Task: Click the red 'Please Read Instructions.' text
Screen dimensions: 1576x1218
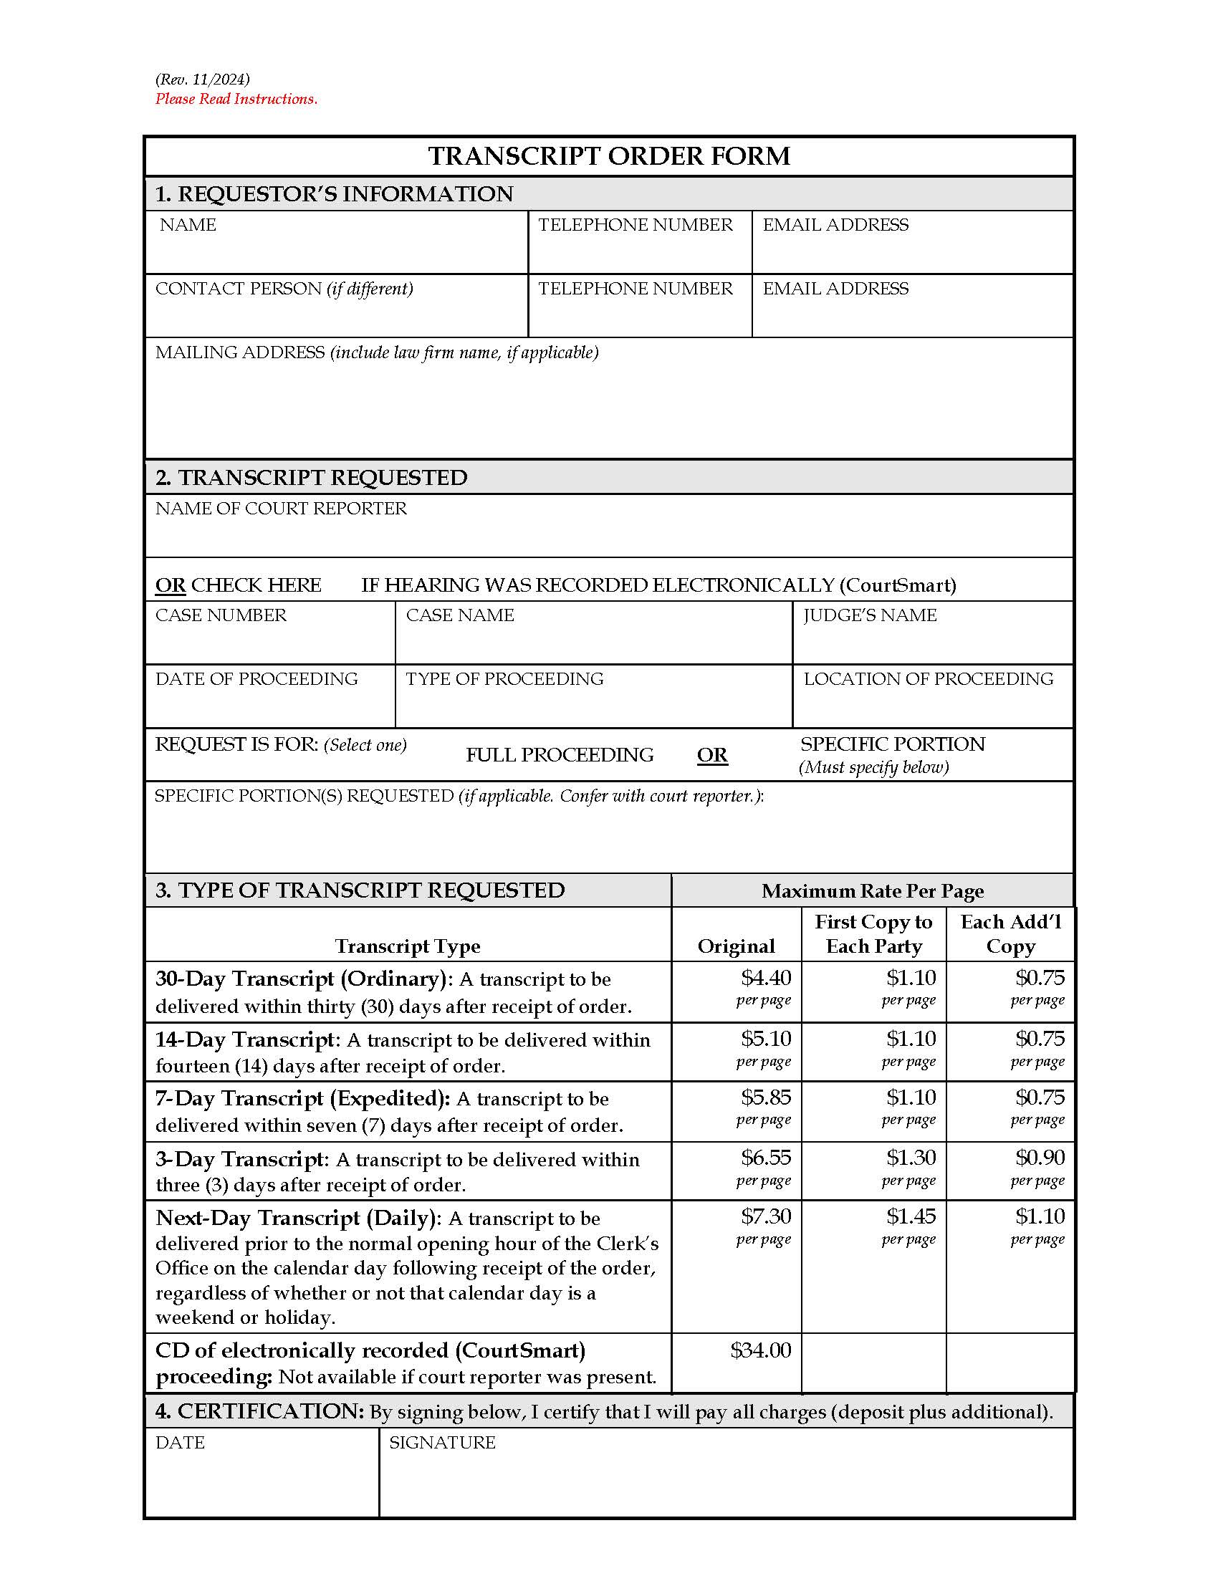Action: (x=236, y=99)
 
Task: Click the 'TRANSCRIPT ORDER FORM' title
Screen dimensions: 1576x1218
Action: (x=609, y=156)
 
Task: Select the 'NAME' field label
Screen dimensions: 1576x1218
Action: (x=188, y=225)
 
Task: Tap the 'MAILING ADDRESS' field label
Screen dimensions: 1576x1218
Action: (x=239, y=352)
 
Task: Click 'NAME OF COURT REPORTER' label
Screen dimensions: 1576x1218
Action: (x=281, y=509)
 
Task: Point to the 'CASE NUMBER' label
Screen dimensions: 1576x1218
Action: (x=221, y=615)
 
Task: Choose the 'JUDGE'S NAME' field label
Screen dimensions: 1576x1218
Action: (x=870, y=615)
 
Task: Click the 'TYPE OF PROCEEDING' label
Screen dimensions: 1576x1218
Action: (x=504, y=679)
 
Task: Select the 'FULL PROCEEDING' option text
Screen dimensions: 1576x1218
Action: (x=560, y=755)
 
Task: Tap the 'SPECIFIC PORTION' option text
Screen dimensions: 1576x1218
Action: (x=892, y=744)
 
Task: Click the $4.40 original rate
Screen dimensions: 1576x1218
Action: (x=766, y=978)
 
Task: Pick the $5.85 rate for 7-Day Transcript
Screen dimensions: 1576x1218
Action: (x=766, y=1097)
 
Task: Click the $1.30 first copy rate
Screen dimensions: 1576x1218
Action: (x=911, y=1157)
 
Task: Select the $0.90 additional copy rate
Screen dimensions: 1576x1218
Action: (x=1040, y=1157)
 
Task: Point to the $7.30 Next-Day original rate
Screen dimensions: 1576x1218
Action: (x=766, y=1216)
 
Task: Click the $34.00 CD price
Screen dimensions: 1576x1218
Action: (x=760, y=1350)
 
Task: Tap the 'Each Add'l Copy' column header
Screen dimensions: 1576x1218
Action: (x=1010, y=933)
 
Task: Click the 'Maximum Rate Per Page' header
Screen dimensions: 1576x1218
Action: (x=873, y=891)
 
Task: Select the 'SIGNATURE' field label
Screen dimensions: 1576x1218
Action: (x=441, y=1443)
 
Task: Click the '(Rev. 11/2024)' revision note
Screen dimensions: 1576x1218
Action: (x=203, y=80)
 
